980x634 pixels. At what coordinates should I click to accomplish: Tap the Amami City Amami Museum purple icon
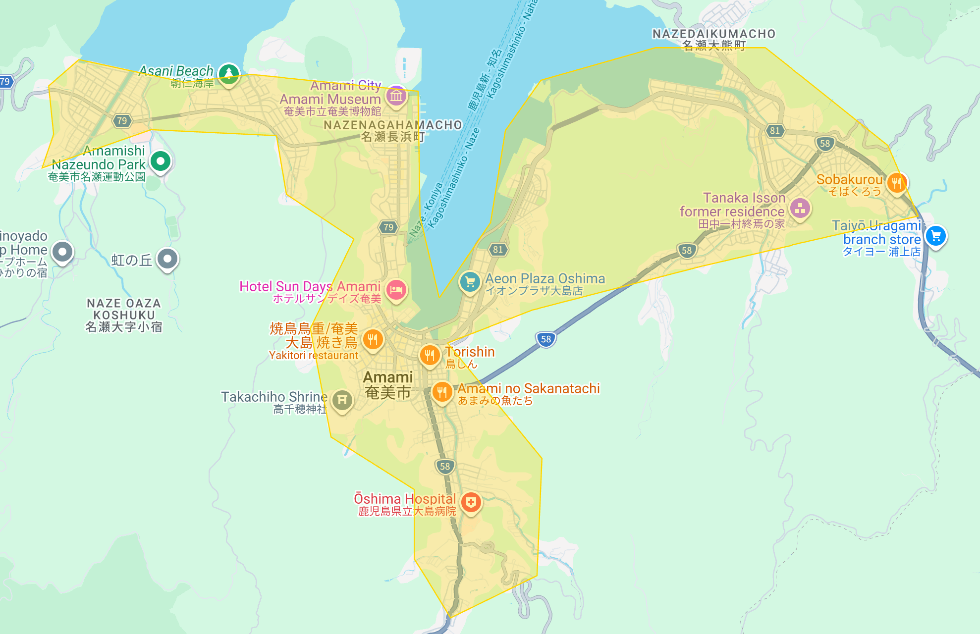pos(396,96)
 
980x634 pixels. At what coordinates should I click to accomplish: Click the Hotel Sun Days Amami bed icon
pos(396,290)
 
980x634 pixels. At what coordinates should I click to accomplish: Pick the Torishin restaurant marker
pos(430,355)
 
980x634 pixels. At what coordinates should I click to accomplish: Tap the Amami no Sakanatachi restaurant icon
pos(441,392)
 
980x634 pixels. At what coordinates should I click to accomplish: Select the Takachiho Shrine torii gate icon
pos(342,400)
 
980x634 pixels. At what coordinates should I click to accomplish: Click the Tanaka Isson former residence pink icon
pos(800,209)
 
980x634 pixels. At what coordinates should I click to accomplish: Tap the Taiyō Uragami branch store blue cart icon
pos(935,236)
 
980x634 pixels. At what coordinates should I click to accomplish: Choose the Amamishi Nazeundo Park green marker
pos(160,161)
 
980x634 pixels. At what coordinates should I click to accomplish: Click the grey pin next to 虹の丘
pos(167,259)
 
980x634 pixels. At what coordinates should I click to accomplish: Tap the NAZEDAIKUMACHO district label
pos(713,34)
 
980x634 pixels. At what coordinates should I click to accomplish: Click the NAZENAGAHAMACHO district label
pos(392,125)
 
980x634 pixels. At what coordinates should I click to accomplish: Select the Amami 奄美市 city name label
pos(388,385)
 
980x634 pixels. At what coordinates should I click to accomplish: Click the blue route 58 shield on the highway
pos(545,339)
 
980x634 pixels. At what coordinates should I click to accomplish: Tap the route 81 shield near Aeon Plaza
pos(498,250)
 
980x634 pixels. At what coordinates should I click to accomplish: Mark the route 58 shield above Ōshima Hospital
pos(445,466)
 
